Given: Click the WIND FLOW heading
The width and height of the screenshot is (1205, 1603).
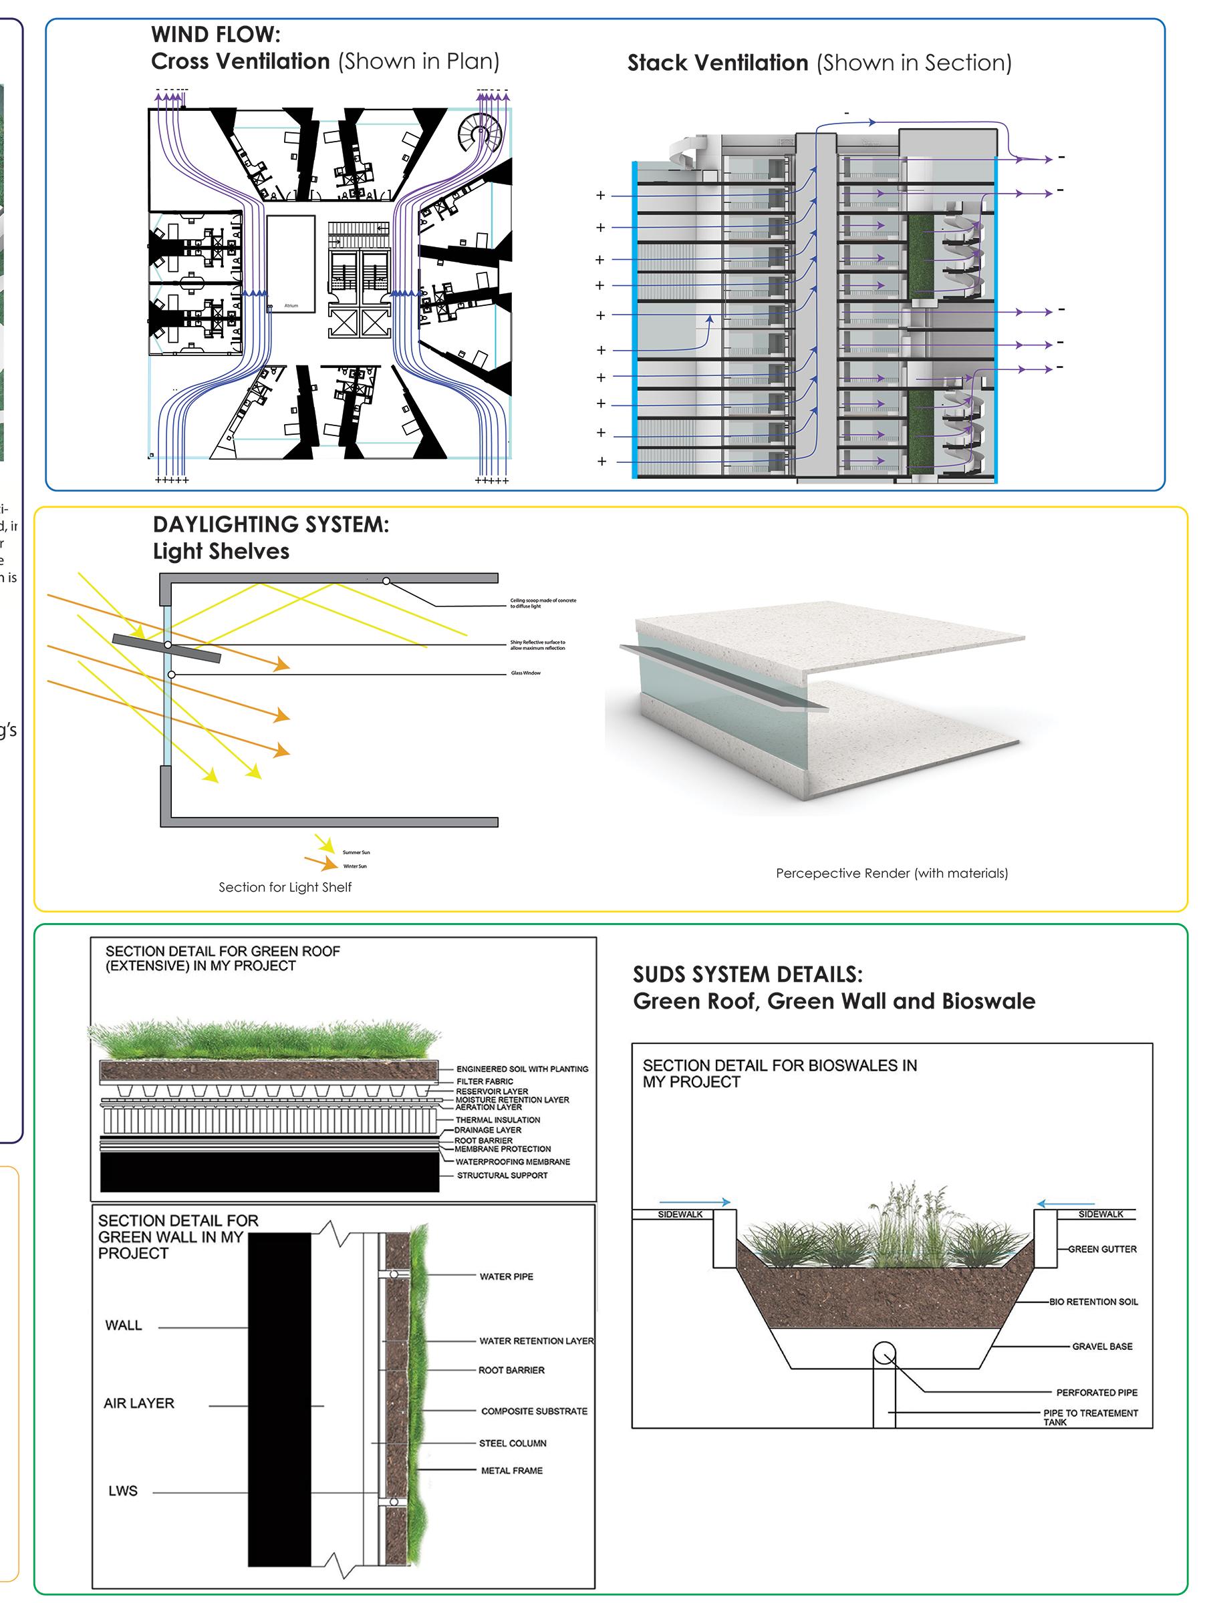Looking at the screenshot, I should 215,35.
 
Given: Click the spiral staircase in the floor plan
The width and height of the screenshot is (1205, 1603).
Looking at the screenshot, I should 479,133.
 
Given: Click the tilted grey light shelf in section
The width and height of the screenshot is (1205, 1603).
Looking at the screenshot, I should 167,648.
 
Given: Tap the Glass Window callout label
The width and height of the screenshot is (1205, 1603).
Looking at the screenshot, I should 526,673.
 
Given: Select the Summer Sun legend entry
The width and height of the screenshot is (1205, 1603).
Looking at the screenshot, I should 356,852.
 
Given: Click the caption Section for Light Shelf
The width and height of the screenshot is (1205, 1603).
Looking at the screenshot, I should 285,887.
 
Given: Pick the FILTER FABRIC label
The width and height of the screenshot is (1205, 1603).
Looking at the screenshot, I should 485,1081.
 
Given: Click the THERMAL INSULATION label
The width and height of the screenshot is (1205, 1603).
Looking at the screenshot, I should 497,1119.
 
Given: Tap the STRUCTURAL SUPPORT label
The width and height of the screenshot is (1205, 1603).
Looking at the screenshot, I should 502,1176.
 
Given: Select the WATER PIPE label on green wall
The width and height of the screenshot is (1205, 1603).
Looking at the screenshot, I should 506,1276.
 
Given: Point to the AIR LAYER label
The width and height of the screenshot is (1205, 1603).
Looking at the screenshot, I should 138,1404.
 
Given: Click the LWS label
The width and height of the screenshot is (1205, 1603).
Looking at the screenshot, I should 122,1491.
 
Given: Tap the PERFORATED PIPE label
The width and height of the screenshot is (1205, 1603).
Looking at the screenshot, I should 1096,1393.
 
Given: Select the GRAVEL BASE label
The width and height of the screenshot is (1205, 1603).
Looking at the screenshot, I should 1102,1347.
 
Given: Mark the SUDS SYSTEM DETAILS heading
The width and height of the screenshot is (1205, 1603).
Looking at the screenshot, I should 747,974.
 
